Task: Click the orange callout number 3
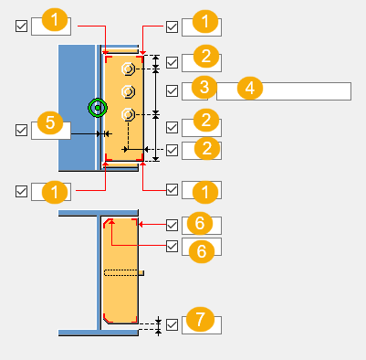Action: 204,87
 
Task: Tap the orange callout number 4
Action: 250,88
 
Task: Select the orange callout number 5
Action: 50,122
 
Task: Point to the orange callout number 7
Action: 200,319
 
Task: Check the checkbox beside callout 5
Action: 21,130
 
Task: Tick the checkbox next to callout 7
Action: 173,324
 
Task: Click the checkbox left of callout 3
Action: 173,90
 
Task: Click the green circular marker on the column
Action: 98,108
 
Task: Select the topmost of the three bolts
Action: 128,69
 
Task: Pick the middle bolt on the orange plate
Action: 128,91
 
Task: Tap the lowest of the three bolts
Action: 128,114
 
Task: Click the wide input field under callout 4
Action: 284,91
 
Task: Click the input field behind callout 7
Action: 202,325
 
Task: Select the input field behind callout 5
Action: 51,131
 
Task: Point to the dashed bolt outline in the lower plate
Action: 121,272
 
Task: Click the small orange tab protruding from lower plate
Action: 141,273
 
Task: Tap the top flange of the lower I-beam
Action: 99,213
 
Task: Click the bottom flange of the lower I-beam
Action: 99,333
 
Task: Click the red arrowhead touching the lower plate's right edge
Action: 141,225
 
